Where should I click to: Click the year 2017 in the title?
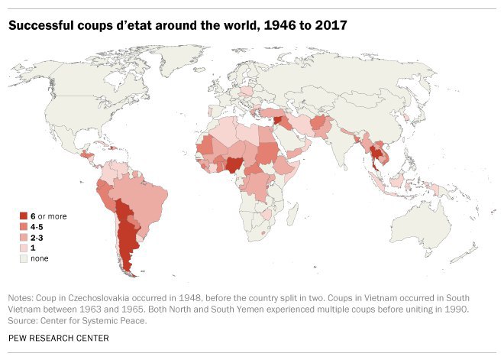tap(331, 26)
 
